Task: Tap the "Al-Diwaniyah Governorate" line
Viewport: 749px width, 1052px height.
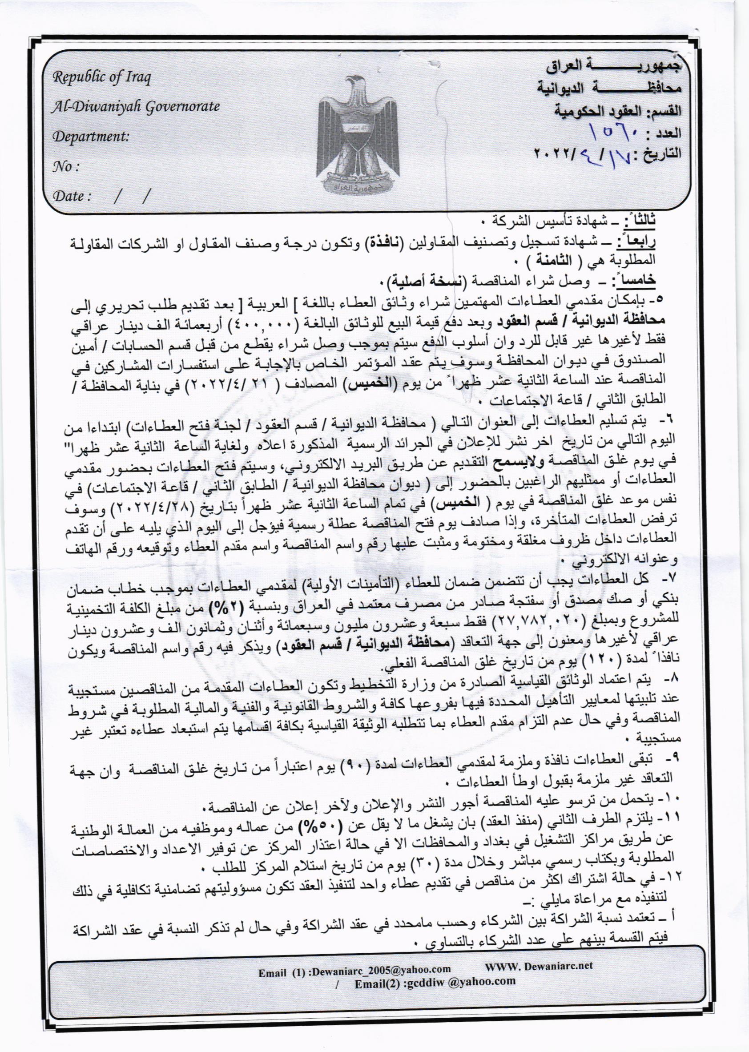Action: click(x=134, y=107)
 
